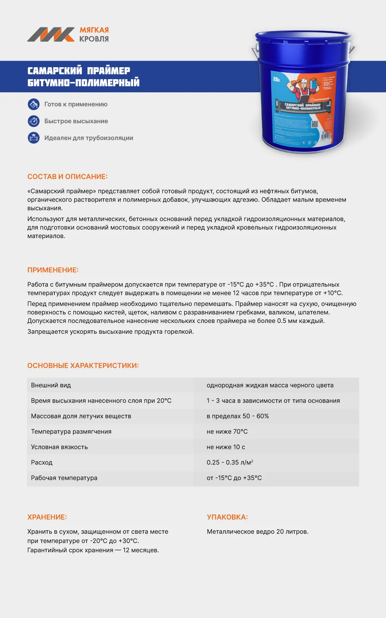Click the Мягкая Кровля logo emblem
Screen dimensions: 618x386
click(51, 34)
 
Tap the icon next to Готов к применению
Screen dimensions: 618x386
click(34, 104)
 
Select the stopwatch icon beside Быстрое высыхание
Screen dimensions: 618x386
click(34, 121)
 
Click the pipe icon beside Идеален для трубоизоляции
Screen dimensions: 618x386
click(34, 138)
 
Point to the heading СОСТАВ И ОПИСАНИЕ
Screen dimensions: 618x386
click(67, 177)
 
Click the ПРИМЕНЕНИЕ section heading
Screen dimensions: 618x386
click(53, 270)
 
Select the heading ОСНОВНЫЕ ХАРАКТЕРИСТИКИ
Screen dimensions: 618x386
click(83, 365)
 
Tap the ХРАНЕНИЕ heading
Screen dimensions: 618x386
click(47, 517)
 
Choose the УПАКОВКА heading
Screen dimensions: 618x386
click(227, 517)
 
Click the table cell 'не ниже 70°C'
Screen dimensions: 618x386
click(227, 431)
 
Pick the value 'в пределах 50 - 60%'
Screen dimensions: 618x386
click(238, 416)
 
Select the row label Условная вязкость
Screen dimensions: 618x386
click(59, 447)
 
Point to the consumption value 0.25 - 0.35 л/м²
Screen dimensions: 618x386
click(230, 462)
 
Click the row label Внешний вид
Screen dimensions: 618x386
click(51, 385)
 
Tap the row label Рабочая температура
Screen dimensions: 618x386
click(64, 478)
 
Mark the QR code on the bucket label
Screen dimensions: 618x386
click(315, 124)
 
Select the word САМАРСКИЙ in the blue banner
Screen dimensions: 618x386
click(55, 71)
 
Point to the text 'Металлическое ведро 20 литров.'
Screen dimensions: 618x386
click(257, 531)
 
